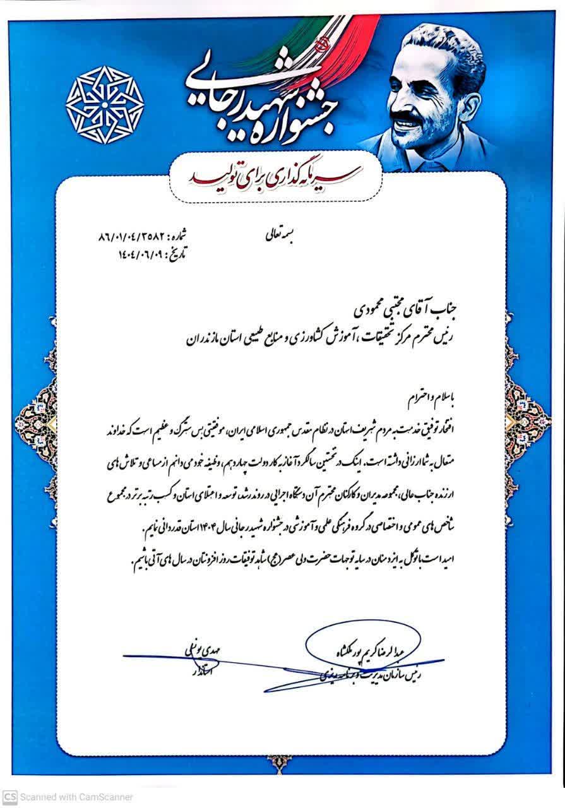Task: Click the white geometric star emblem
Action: (x=105, y=105)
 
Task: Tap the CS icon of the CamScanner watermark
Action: (x=9, y=797)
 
